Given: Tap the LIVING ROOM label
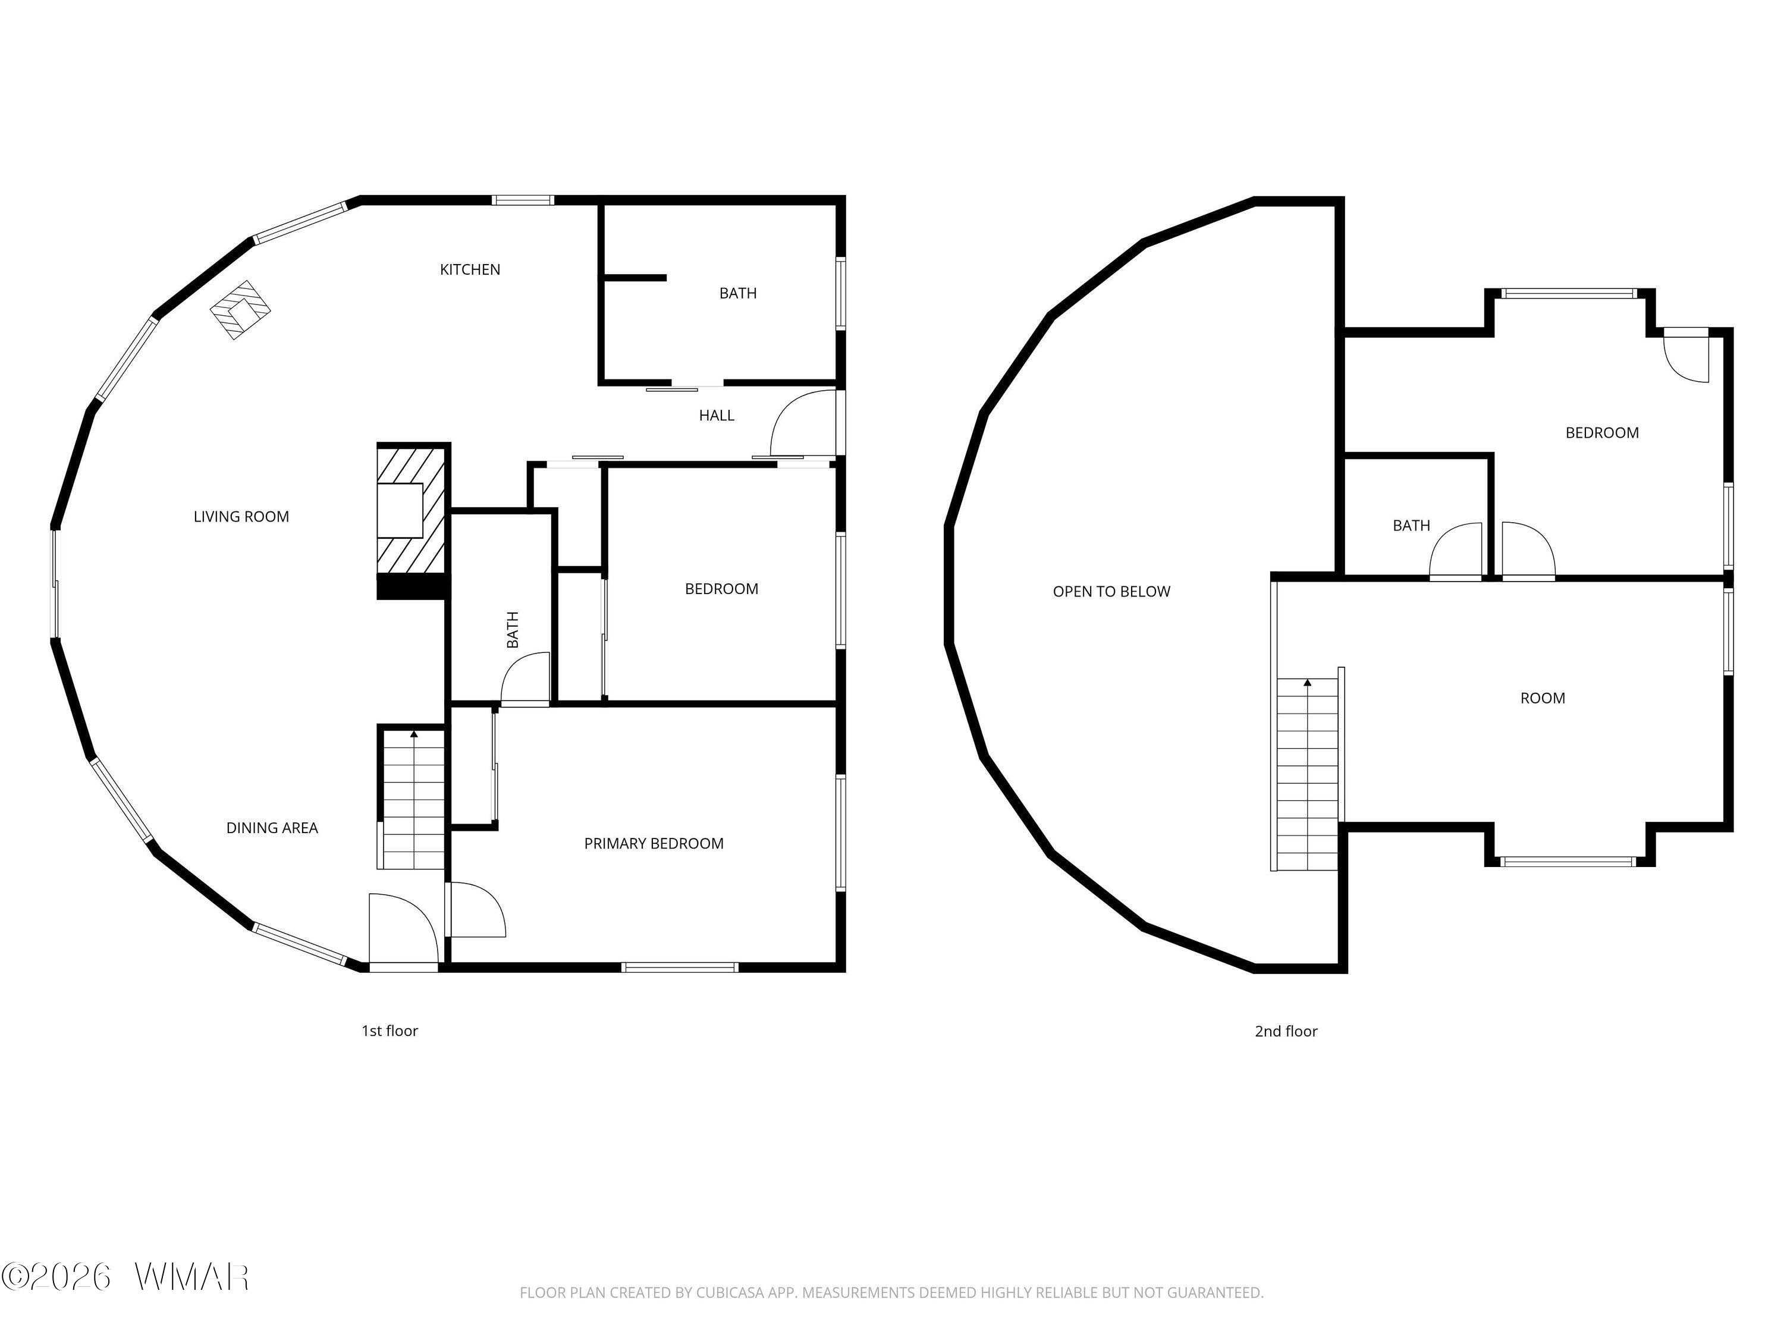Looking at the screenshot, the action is click(241, 517).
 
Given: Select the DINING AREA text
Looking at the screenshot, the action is click(272, 828).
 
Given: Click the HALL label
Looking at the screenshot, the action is click(716, 415).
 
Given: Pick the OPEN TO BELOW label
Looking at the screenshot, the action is click(1111, 592).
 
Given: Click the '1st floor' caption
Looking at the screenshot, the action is click(390, 1031).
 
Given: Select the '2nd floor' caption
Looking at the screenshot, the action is click(1286, 1031).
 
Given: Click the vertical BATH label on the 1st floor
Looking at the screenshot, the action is click(512, 630).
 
